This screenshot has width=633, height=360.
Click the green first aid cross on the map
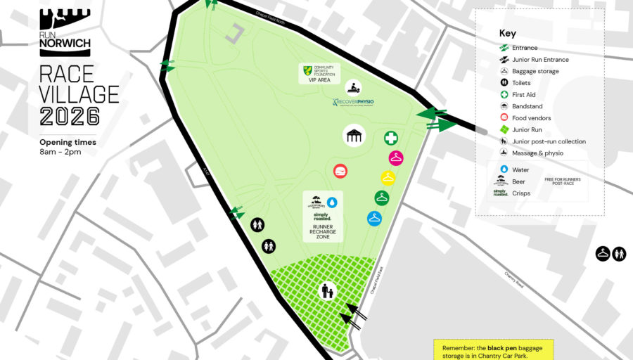(390, 137)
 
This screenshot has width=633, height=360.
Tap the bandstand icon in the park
(354, 136)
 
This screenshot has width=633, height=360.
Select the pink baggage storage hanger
(397, 157)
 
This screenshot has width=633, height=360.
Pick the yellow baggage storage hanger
(388, 177)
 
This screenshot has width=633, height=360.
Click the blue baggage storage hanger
(374, 218)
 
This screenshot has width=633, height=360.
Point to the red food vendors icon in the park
(340, 171)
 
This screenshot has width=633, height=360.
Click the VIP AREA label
(319, 80)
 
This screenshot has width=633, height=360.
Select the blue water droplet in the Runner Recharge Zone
(331, 202)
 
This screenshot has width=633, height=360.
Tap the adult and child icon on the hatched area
(327, 290)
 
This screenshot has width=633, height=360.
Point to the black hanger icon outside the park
(603, 253)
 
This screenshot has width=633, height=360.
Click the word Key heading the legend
(507, 33)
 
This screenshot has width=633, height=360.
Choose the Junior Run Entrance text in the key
(540, 60)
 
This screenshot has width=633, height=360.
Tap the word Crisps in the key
(521, 193)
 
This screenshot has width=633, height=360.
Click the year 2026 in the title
(70, 115)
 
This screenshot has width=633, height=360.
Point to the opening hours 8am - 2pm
(60, 152)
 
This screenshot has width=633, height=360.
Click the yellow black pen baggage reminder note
(492, 350)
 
